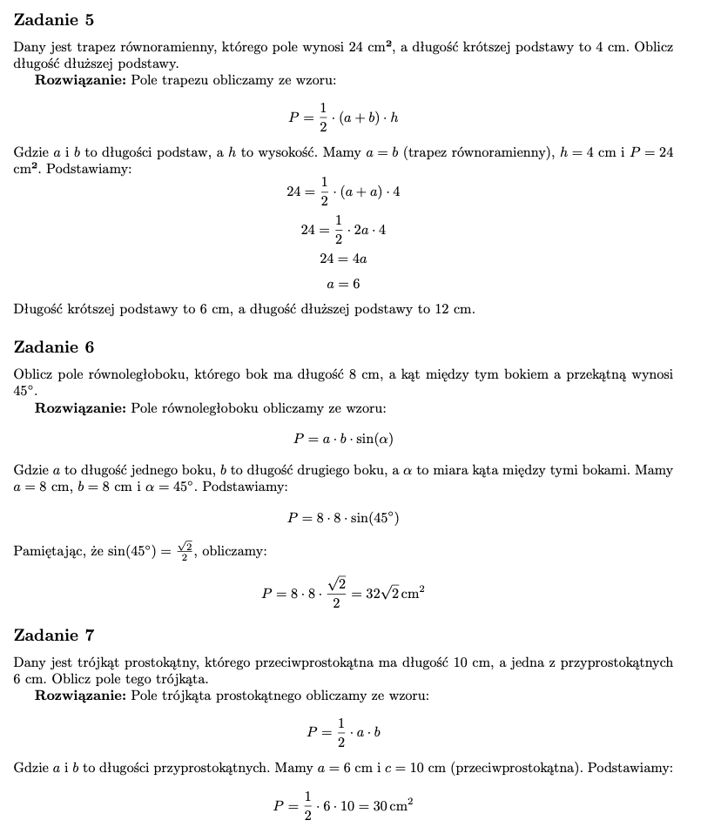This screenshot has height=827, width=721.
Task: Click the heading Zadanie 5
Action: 54,20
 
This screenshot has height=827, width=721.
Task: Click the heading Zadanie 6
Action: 54,347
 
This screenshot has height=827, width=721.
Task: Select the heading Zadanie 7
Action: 54,635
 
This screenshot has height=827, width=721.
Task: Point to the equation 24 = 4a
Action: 343,259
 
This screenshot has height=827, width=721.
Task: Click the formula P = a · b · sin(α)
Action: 343,439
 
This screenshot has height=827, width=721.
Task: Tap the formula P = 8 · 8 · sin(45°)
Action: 343,518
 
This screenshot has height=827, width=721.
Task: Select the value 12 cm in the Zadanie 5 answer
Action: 455,309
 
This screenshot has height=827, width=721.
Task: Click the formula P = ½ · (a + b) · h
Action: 343,118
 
